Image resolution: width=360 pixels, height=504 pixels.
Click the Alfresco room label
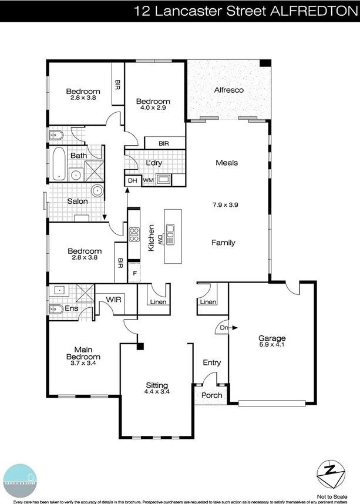click(x=228, y=90)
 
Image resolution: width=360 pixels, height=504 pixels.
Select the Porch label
click(x=212, y=395)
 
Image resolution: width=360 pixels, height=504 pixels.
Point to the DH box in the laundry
click(x=133, y=181)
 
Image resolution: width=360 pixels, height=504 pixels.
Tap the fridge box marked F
click(x=134, y=273)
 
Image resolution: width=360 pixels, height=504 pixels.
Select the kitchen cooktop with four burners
click(x=134, y=234)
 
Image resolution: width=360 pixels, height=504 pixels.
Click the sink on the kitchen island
click(x=171, y=235)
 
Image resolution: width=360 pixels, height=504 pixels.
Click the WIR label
click(x=113, y=299)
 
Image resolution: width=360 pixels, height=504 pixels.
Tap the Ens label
click(x=72, y=308)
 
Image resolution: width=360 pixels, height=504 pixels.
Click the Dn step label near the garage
click(x=223, y=328)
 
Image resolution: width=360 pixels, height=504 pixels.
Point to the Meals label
click(x=227, y=163)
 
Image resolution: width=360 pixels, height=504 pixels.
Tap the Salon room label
click(x=77, y=201)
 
